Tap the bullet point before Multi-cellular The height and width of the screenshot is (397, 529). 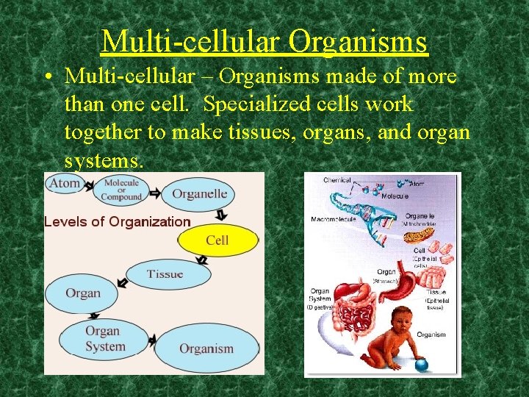tap(48, 76)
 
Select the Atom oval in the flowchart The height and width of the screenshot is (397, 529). tap(65, 183)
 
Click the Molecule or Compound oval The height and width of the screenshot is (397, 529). tap(121, 190)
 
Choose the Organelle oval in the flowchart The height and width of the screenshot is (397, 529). tap(199, 195)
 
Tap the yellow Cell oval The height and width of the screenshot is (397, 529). tap(217, 240)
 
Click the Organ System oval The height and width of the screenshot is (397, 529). tap(104, 339)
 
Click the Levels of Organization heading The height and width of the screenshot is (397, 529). tap(118, 221)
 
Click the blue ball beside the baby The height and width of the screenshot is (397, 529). tap(420, 363)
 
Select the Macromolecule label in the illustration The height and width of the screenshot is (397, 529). tap(334, 219)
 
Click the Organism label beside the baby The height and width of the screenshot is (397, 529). tap(431, 335)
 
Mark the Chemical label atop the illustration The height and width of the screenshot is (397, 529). tap(337, 180)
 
